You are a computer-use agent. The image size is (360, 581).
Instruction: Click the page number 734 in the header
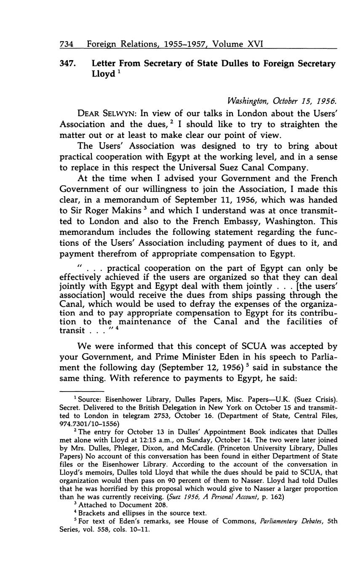pyautogui.click(x=67, y=44)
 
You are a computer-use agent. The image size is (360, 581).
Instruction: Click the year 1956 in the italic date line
pyautogui.click(x=326, y=101)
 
